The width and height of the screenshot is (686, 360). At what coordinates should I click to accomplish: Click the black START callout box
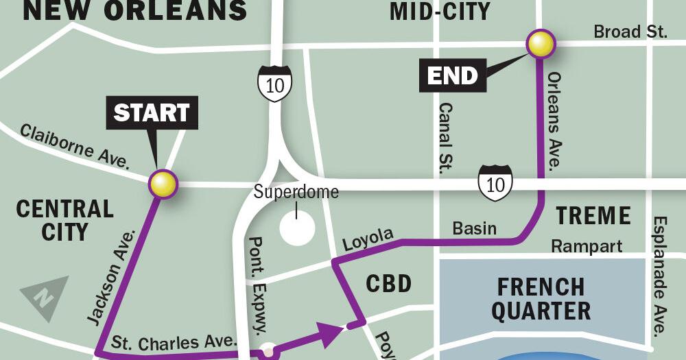click(x=152, y=112)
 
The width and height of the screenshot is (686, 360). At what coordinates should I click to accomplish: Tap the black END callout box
click(x=453, y=75)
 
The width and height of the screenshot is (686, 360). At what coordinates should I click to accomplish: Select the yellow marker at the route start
click(x=163, y=184)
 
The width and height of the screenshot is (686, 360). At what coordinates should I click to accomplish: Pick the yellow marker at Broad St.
click(x=541, y=44)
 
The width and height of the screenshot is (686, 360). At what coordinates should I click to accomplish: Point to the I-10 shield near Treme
click(x=495, y=183)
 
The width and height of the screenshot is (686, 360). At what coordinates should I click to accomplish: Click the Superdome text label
click(x=296, y=192)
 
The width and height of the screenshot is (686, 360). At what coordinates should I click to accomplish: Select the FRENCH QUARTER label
click(x=541, y=298)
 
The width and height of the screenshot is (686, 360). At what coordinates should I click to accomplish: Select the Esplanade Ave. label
click(x=659, y=276)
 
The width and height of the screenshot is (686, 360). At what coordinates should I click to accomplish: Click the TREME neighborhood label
click(x=593, y=215)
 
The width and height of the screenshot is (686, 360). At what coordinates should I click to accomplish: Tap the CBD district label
click(x=388, y=283)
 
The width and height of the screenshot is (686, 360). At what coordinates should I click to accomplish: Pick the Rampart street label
click(x=587, y=245)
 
